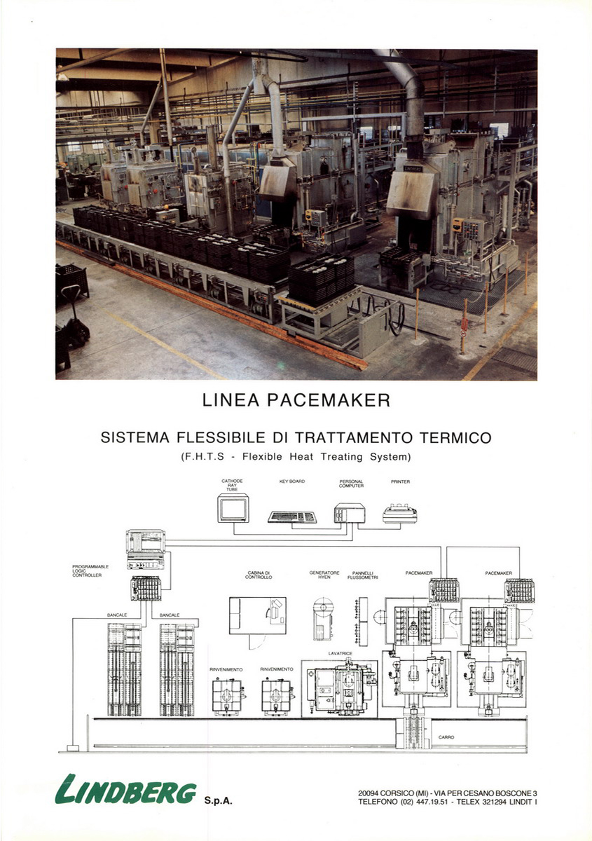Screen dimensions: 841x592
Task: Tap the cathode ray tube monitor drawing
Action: (233, 508)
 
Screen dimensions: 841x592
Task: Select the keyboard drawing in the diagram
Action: (292, 517)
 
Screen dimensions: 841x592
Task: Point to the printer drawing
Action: (400, 514)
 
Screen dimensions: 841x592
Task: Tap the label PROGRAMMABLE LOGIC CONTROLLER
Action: (90, 570)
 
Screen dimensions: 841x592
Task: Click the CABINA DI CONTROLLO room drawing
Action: (257, 615)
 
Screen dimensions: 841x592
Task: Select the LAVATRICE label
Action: (339, 653)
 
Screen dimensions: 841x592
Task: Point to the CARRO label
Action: (446, 737)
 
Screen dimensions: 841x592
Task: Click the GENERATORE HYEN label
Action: (324, 575)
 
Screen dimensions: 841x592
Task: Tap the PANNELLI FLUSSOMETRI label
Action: (362, 575)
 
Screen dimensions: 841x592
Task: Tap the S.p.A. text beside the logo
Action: (218, 800)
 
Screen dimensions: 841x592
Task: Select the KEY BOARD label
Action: (291, 481)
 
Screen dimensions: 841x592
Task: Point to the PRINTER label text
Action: (400, 481)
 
